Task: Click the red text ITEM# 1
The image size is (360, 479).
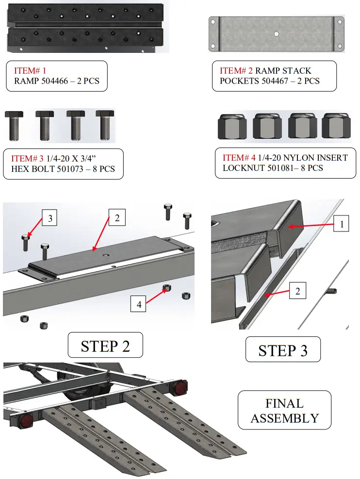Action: click(30, 70)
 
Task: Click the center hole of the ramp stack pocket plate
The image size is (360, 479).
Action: click(276, 33)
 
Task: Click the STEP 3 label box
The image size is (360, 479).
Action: click(283, 350)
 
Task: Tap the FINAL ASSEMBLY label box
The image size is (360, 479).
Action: click(284, 411)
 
